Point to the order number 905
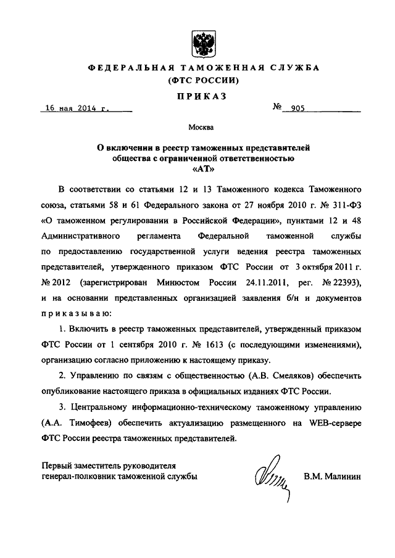pos(298,108)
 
